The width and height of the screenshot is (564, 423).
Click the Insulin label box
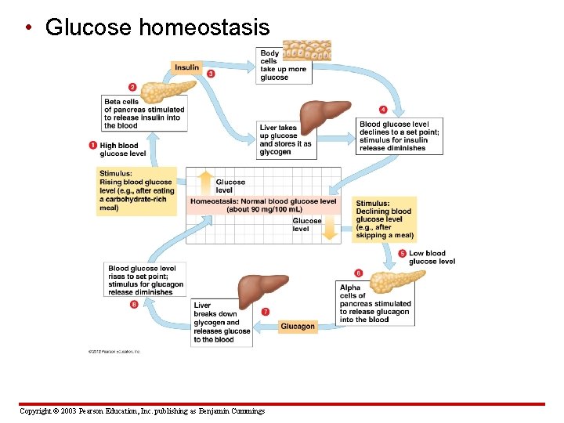tap(186, 68)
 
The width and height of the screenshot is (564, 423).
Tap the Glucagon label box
tap(298, 326)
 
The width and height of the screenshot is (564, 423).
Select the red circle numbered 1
tap(93, 145)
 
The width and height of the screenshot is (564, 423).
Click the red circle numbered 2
tap(132, 87)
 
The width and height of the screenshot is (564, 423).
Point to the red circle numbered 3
tap(211, 74)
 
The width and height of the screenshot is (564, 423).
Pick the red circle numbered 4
tap(383, 109)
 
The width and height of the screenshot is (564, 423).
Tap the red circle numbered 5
tap(402, 253)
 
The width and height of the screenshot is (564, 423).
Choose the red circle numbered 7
tap(266, 312)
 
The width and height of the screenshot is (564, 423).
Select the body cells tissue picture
tap(306, 51)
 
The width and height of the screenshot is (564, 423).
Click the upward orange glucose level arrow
tap(204, 183)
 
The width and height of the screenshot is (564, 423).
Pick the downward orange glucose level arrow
tap(330, 228)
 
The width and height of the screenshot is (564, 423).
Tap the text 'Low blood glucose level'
tap(432, 257)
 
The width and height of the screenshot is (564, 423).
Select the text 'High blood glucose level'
tap(123, 149)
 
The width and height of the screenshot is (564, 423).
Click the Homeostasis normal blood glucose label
tap(263, 205)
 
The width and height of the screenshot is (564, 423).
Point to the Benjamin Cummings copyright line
tap(142, 411)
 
